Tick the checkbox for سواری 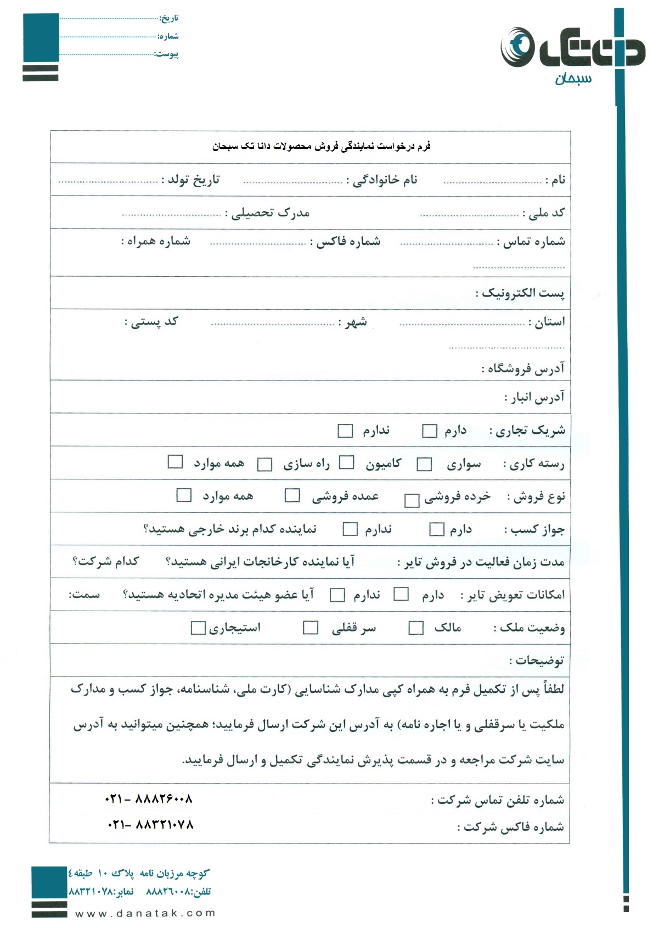424,465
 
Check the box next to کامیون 346,462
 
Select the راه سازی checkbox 265,465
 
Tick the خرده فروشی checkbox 412,500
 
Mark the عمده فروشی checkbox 292,495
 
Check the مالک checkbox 416,628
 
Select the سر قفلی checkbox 311,627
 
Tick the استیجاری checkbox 198,627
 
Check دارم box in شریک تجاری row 430,431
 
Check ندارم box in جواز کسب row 350,529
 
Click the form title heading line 322,147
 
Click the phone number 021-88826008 149,799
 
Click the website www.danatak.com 145,913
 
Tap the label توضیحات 536,661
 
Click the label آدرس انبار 534,398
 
